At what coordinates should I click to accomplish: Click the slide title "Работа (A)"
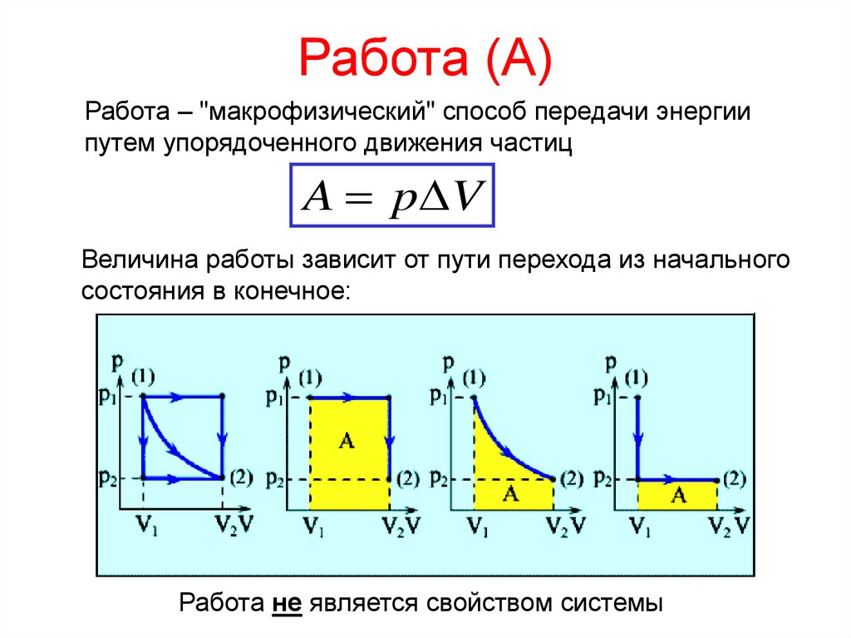coord(425,59)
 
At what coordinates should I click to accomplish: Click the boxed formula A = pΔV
coord(392,196)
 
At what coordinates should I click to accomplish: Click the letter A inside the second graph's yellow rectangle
coord(347,442)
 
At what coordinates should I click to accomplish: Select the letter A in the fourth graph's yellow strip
coord(679,496)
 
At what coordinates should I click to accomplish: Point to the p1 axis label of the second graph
coord(274,398)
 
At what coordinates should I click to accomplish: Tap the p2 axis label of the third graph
coord(439,479)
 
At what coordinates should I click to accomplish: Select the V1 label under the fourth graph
coord(638,525)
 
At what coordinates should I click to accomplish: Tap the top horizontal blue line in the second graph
coord(349,398)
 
